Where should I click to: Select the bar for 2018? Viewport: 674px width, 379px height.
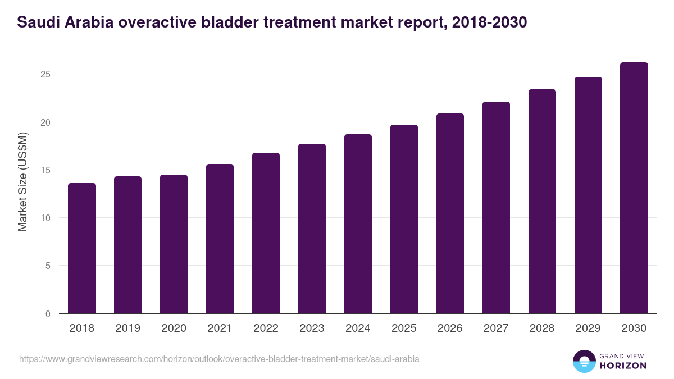[82, 248]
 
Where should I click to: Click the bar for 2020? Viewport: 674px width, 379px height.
[174, 244]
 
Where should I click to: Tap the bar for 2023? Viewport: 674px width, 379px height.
[312, 229]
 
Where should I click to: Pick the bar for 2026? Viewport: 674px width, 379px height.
[450, 213]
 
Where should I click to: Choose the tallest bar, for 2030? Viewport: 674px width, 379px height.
[634, 188]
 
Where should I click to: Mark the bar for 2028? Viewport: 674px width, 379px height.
[542, 202]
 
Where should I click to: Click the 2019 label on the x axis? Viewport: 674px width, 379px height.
[127, 328]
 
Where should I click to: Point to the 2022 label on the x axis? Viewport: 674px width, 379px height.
[266, 328]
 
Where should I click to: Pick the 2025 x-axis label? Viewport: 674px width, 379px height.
[404, 328]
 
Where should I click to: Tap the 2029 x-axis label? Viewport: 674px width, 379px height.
[588, 328]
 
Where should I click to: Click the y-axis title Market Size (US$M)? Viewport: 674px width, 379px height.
[22, 181]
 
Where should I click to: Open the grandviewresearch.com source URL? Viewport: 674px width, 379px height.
[219, 359]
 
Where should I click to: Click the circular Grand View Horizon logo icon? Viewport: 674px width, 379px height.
[584, 361]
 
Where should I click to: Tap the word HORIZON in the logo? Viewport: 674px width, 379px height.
[623, 366]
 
